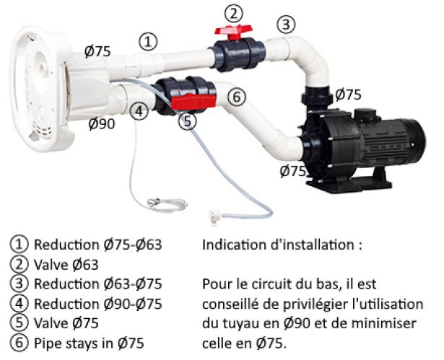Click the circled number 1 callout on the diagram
point(148,42)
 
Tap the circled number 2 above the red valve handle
point(232,13)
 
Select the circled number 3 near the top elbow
point(287,25)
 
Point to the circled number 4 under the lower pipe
point(140,110)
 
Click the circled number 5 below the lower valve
point(188,120)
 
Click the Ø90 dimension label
point(101,124)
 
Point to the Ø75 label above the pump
point(348,95)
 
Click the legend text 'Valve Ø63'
point(66,264)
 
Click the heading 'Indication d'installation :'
point(282,245)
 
